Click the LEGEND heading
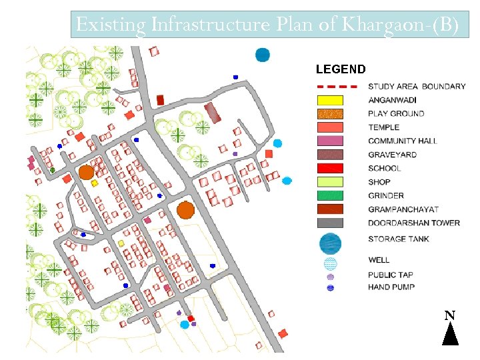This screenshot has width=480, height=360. [340, 69]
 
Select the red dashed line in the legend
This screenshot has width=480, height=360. [329, 87]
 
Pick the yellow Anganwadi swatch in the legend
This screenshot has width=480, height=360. [329, 100]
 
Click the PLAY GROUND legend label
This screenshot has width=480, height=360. [396, 113]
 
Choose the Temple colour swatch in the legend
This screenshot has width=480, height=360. [329, 127]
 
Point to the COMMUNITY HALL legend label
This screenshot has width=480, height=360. [403, 141]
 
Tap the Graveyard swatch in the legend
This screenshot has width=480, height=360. [329, 155]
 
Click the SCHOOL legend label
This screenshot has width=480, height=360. [385, 169]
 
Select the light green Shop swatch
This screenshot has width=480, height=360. [329, 182]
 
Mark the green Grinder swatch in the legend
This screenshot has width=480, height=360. [329, 195]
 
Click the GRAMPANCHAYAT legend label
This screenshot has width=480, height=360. [403, 209]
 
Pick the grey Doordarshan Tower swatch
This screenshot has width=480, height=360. [329, 223]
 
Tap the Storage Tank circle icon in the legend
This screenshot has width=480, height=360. [330, 243]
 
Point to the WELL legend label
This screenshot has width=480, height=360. [379, 260]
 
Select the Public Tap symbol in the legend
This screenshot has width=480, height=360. [330, 276]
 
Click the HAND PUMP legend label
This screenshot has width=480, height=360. [391, 287]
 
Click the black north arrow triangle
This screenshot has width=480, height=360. [450, 333]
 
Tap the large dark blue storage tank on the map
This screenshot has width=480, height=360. [263, 55]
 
